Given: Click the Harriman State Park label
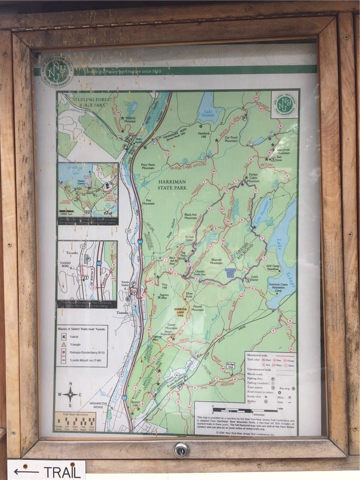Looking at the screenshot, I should click(x=172, y=184).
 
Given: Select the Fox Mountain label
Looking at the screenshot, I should click(x=148, y=202).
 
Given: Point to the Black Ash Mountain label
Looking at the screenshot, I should click(x=190, y=216).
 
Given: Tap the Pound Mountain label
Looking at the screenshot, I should click(x=197, y=308).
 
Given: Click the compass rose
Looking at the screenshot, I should click(x=70, y=393).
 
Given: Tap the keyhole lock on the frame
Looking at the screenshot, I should click(x=181, y=450).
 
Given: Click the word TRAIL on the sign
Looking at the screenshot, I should click(x=61, y=472).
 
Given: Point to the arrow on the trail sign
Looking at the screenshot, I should click(x=26, y=472).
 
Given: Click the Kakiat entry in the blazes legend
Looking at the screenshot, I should click(x=70, y=336).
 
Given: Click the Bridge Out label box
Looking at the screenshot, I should click(x=230, y=365).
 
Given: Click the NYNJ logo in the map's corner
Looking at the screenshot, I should click(x=284, y=104).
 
